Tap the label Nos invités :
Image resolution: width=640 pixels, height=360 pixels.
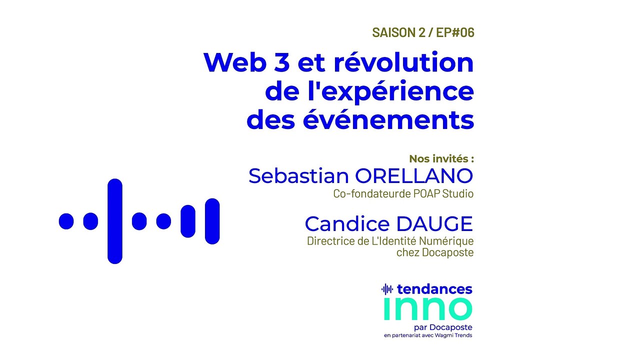click(x=441, y=159)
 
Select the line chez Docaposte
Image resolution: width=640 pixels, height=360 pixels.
click(x=434, y=252)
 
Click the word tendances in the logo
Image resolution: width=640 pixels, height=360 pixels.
click(x=434, y=289)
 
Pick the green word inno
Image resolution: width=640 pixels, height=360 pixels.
click(x=427, y=309)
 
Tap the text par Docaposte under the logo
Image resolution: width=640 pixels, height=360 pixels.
click(x=447, y=327)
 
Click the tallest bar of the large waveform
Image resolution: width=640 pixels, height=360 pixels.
click(x=115, y=221)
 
